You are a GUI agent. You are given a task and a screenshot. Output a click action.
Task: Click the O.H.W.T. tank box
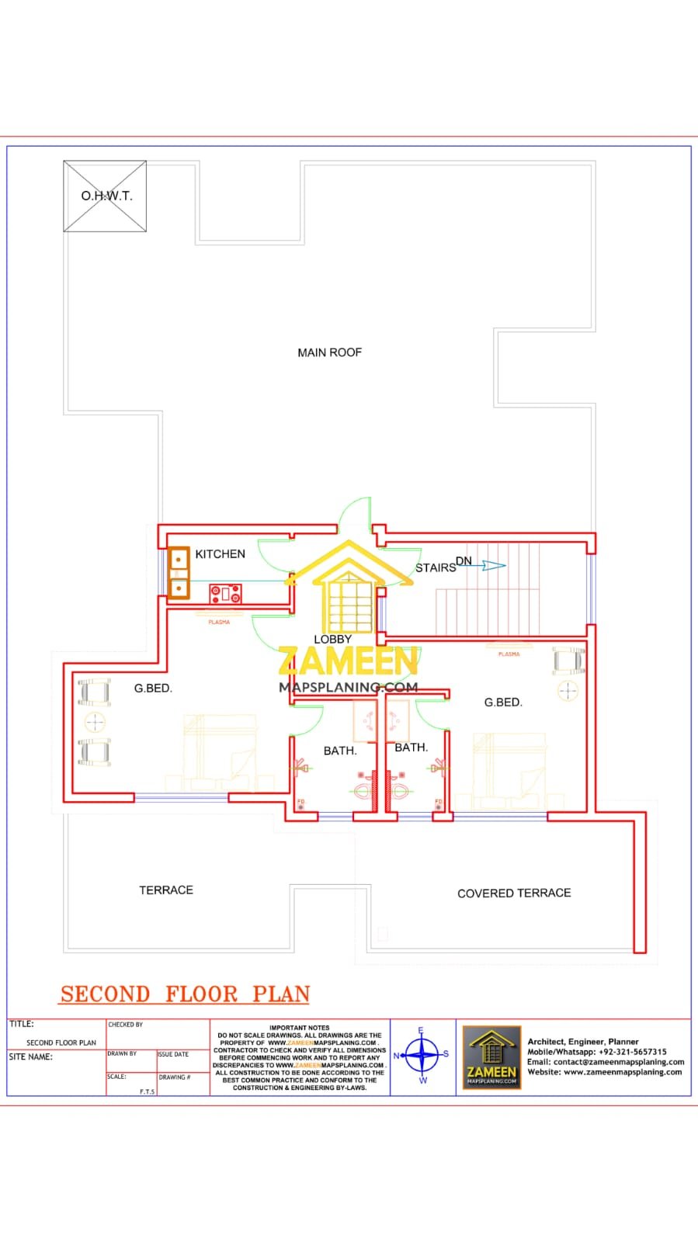(105, 196)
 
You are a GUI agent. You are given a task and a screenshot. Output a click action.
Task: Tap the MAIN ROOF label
(329, 352)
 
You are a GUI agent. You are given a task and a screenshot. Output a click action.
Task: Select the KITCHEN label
(220, 554)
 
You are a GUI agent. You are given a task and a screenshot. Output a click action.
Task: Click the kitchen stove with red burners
(225, 595)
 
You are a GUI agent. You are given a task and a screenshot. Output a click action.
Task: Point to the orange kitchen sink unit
(179, 574)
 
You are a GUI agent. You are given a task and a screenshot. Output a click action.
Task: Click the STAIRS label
(435, 568)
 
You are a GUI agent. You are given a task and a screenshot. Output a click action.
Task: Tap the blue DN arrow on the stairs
(492, 566)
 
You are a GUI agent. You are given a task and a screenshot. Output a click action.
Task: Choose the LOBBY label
(332, 640)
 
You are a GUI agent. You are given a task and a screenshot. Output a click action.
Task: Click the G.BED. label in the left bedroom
(153, 689)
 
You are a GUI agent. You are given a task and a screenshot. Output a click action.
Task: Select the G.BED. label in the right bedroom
(503, 703)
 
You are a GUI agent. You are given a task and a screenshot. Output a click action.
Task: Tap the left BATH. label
(340, 751)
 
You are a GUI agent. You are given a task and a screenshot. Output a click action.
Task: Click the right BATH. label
(411, 748)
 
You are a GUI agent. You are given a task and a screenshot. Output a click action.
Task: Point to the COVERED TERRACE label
(514, 893)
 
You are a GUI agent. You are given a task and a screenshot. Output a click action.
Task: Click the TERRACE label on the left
(166, 890)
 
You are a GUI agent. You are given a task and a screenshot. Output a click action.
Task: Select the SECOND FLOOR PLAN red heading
(186, 994)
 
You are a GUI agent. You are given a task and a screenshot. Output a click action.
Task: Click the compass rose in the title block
(422, 1056)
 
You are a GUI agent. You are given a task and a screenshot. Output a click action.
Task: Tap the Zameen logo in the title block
(491, 1057)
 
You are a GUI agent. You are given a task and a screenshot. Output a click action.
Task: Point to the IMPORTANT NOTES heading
(299, 1028)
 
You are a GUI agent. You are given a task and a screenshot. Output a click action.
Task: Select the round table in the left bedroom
(95, 723)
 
